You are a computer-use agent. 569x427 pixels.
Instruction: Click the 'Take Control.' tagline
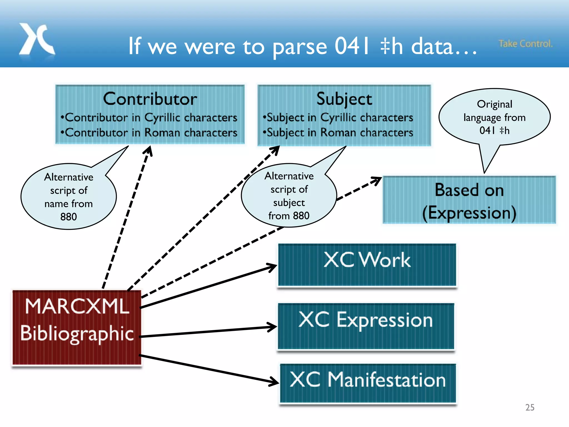(525, 44)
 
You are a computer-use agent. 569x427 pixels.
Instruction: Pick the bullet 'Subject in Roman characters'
(338, 133)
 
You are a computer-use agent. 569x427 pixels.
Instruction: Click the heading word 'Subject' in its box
(344, 99)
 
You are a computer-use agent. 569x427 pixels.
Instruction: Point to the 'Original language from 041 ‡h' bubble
(494, 117)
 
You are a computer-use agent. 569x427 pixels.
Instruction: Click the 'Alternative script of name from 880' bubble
(69, 197)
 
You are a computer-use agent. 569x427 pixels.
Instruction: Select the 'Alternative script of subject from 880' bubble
(289, 196)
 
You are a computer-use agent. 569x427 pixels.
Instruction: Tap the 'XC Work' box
(367, 265)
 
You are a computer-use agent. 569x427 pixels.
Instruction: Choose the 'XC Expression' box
(366, 326)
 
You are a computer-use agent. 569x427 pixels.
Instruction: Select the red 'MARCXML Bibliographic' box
(77, 327)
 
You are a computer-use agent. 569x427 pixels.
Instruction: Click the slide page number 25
(530, 407)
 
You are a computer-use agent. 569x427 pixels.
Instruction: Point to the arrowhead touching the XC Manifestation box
(274, 382)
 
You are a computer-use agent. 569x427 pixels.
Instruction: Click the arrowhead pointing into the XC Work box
(272, 267)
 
